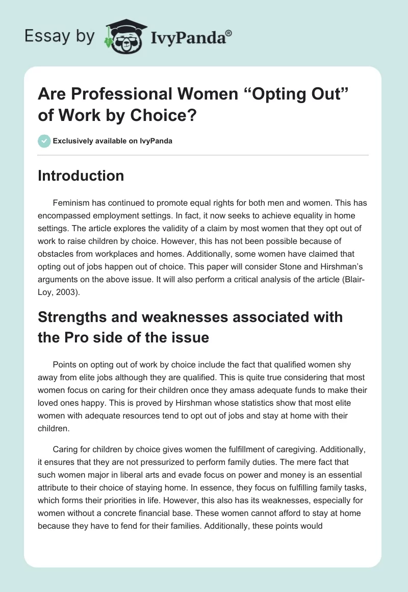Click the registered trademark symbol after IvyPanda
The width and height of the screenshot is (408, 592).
[x=229, y=32]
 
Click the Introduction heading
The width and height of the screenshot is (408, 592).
[x=81, y=176]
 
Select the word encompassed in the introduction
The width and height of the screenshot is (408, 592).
[x=64, y=215]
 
